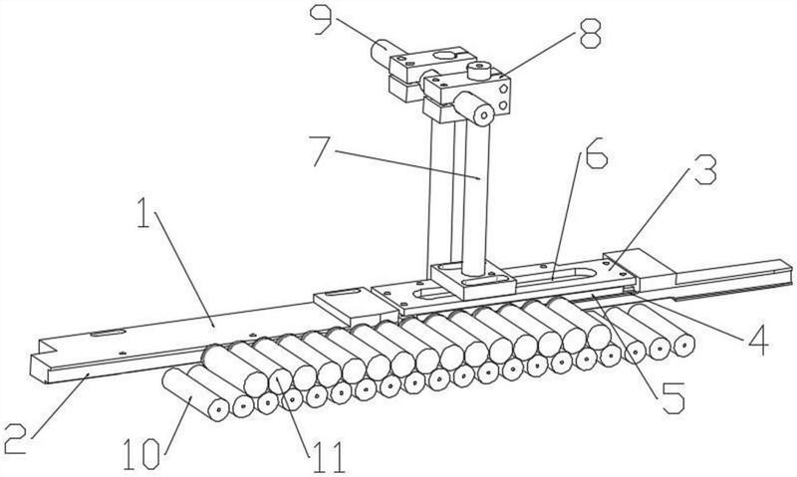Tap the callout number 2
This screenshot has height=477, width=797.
pos(14,439)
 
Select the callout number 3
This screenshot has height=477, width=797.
pos(705,169)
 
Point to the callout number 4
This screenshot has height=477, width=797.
pos(758,340)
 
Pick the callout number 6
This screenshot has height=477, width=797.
pos(596,152)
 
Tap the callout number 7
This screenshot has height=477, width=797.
pos(323,151)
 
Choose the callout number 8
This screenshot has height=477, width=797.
pos(590,33)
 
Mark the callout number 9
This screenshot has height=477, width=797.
pos(322,19)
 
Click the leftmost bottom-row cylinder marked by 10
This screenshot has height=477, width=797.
pos(195,394)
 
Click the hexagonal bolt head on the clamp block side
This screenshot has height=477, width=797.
pos(503,89)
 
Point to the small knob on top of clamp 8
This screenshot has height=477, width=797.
pos(478,70)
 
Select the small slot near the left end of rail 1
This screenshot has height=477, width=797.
pos(108,334)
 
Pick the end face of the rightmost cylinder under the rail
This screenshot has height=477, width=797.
pos(683,346)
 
